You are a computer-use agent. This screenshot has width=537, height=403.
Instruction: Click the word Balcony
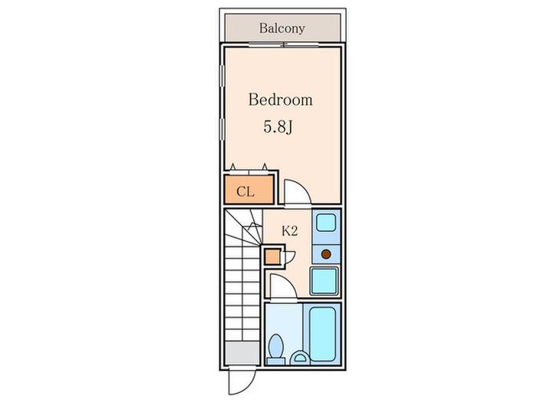pos(282,28)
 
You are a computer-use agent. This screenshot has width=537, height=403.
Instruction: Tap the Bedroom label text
pos(281,100)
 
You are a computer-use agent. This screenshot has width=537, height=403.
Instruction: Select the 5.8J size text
pos(278,127)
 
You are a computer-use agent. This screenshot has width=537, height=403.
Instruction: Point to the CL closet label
pos(245,192)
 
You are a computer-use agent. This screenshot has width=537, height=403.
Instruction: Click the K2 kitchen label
pos(289,231)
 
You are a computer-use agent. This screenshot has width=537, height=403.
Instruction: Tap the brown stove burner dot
pos(326,254)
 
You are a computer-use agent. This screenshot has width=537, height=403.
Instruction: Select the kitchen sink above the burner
pos(326,223)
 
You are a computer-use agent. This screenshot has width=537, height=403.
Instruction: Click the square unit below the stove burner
pos(324,281)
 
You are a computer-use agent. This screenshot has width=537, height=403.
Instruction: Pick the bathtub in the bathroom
pos(322,333)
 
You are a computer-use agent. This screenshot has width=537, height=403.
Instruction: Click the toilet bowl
pos(276,346)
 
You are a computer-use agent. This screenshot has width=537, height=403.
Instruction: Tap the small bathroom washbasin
pos(300,358)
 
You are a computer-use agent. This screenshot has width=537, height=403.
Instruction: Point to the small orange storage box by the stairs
pos(272,257)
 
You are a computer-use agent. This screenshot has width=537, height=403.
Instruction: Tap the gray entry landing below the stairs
pos(242,353)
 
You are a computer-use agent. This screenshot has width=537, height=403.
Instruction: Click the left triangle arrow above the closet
pos(233,167)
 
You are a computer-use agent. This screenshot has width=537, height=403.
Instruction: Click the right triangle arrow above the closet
pos(265,167)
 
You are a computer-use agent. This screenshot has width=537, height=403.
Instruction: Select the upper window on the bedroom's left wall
pos(222,77)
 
